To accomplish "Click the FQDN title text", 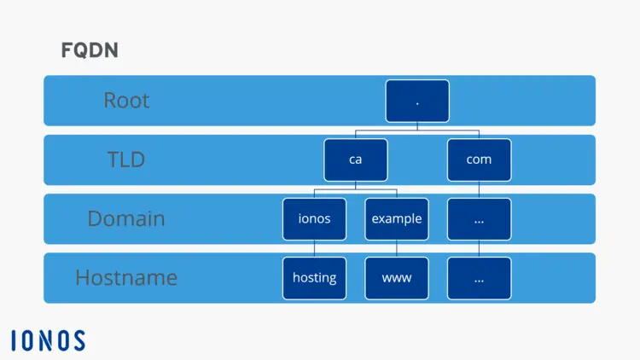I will click(90, 50).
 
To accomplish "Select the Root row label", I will click(126, 101).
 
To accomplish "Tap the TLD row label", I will click(125, 160).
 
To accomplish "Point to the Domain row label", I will click(125, 218).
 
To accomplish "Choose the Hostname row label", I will click(125, 277).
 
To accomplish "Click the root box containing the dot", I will click(417, 101).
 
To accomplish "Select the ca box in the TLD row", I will click(355, 160).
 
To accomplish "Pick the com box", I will click(479, 160).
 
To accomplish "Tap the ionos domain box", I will click(314, 218).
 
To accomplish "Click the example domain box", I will click(397, 218).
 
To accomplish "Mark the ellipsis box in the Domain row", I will click(479, 218).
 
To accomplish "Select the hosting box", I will click(314, 277).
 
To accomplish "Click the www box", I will click(397, 277).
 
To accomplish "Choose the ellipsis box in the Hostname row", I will click(479, 277).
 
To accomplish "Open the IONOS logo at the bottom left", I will click(48, 340).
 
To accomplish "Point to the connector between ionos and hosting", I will click(314, 248).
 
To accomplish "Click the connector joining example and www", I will click(397, 248).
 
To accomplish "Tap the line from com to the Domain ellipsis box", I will click(479, 189).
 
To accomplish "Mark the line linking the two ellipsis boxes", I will click(479, 248).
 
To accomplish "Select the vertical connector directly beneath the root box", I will click(417, 126).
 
